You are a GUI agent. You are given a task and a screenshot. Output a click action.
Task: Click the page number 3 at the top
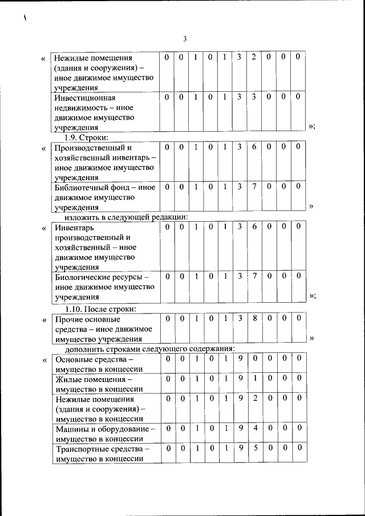tap(185, 39)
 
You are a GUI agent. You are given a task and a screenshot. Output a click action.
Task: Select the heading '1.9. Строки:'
tap(86, 137)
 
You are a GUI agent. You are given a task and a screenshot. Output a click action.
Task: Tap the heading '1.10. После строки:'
tap(100, 309)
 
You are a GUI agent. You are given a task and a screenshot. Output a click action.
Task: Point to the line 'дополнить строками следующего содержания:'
tap(150, 348)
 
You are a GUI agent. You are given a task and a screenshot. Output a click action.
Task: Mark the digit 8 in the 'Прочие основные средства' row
tap(254, 318)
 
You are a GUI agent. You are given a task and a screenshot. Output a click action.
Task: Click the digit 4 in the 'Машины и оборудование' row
tap(254, 427)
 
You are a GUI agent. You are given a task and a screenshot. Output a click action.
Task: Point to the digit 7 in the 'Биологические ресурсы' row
tap(254, 276)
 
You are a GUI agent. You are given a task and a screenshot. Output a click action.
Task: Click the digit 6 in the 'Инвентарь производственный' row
tap(254, 227)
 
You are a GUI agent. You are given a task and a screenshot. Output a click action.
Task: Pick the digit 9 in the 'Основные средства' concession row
tap(241, 358)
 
